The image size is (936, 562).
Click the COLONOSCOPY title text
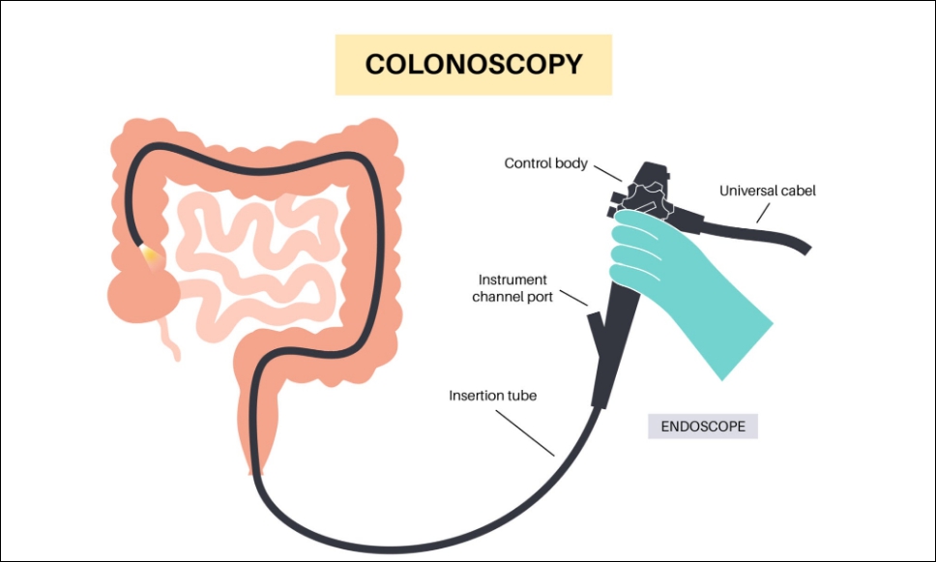473,65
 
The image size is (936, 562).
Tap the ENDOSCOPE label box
703,426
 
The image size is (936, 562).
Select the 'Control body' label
545,163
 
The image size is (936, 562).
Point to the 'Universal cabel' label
768,191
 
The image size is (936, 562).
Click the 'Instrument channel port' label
512,288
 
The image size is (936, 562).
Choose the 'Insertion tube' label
492,396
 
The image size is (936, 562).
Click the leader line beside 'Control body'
608,177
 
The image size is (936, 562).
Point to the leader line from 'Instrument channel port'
572,297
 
